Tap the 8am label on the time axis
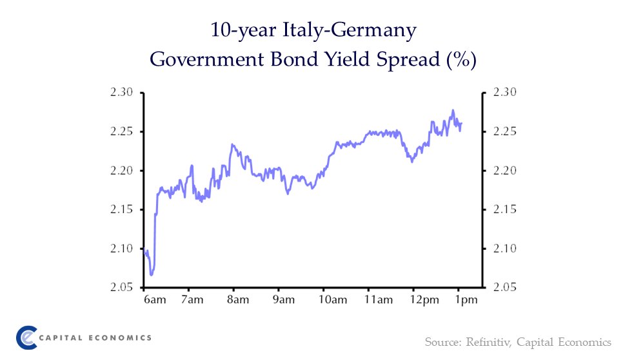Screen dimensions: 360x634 (x=237, y=300)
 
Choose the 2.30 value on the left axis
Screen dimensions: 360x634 (x=121, y=93)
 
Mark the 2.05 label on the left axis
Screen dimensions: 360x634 (x=121, y=287)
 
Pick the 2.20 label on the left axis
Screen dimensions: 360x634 (x=121, y=171)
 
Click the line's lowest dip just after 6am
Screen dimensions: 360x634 (x=152, y=275)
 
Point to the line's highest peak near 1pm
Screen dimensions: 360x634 (x=453, y=110)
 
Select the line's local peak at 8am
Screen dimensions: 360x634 (x=232, y=144)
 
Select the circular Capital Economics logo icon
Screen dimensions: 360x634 (x=28, y=337)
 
